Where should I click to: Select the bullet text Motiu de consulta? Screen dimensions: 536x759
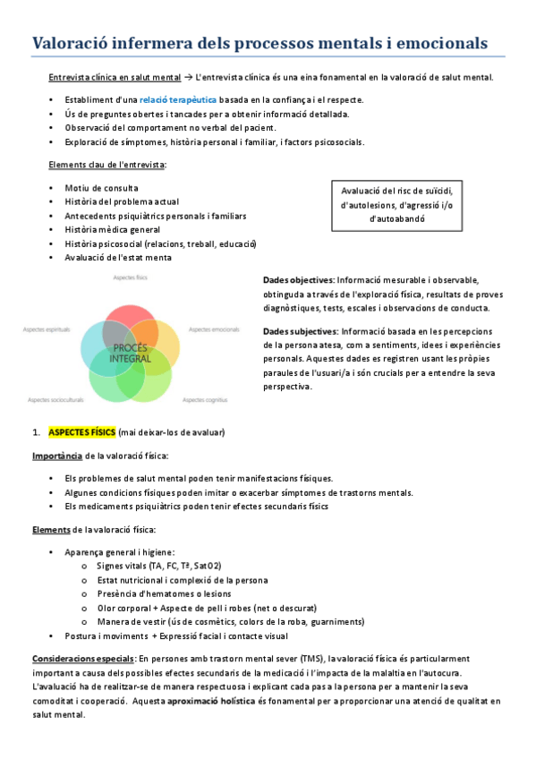click(101, 188)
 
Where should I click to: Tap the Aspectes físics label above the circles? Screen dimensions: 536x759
click(130, 279)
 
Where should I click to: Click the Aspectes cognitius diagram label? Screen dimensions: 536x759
click(205, 399)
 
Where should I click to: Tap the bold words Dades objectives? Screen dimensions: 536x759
click(299, 280)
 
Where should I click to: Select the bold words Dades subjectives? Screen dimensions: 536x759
click(301, 331)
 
